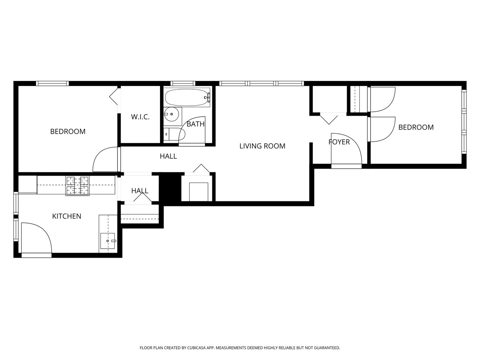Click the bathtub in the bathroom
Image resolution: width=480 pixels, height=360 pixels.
pos(187,97)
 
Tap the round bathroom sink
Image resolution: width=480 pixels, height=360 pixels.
pos(172,114)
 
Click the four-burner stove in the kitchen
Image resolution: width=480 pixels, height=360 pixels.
pos(77,186)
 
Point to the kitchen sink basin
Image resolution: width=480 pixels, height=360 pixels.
pos(107,241)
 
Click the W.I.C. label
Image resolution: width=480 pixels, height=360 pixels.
pos(140,117)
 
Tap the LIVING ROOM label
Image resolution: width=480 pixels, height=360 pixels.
pos(262,146)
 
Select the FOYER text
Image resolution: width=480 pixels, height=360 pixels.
pos(339,142)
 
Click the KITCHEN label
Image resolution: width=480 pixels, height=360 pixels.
pos(67,216)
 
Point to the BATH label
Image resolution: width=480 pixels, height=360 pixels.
pos(195,124)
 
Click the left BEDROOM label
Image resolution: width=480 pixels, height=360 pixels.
pos(68,131)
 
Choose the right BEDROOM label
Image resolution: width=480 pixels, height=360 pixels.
pos(416,127)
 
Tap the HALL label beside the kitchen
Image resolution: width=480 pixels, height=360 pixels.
pos(140,191)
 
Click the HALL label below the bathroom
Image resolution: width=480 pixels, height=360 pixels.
pos(168,156)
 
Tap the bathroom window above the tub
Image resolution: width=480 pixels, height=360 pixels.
pos(183,83)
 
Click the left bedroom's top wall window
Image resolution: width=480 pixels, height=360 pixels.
pos(52,83)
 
